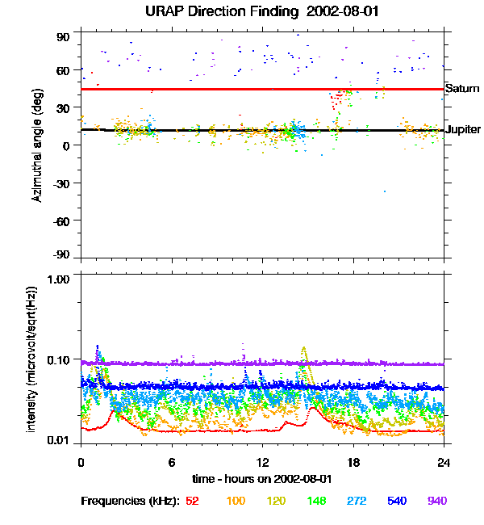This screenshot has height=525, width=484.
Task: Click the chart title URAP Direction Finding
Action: [222, 12]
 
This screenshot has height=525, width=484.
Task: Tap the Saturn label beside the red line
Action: [462, 88]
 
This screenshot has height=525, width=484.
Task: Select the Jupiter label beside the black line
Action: [463, 129]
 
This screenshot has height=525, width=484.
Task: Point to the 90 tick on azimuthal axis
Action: [63, 37]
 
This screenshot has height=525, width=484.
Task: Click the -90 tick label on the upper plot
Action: [61, 254]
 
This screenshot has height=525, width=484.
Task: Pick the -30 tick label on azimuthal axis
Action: [61, 183]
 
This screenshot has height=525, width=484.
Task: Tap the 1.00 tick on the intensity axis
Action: [58, 279]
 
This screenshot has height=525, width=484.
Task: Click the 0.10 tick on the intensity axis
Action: [58, 360]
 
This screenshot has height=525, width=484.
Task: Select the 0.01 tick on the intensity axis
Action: [58, 440]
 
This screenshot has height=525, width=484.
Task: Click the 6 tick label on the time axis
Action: [172, 462]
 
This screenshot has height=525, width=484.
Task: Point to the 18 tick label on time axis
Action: [353, 462]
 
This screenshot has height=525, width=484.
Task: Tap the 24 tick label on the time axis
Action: [444, 462]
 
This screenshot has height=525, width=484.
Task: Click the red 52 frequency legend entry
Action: [192, 501]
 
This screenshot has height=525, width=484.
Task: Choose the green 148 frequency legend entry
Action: [316, 501]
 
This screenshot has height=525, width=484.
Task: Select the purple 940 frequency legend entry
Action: [437, 501]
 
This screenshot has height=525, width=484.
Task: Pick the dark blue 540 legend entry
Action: [397, 501]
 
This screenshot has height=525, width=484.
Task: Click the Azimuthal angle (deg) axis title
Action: [37, 145]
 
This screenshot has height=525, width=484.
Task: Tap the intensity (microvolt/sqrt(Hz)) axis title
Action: [31, 359]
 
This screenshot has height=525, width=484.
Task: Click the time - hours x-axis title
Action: [262, 479]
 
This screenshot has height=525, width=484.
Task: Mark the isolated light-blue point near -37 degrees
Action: [385, 191]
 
